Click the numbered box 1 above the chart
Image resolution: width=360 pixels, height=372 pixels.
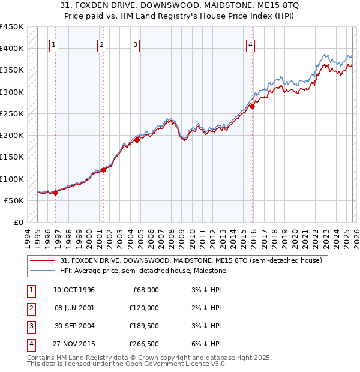pyautogui.click(x=54, y=44)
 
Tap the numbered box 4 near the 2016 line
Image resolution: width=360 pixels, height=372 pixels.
pyautogui.click(x=250, y=44)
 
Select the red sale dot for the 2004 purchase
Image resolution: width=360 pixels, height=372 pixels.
pyautogui.click(x=137, y=140)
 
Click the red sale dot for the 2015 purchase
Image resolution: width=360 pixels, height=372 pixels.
pyautogui.click(x=252, y=106)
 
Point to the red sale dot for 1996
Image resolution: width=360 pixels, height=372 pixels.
pyautogui.click(x=56, y=193)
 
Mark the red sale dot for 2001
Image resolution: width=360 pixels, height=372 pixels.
pyautogui.click(x=103, y=170)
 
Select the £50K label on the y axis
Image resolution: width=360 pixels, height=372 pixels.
pyautogui.click(x=14, y=200)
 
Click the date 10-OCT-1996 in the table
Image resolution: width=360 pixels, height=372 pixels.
pyautogui.click(x=74, y=290)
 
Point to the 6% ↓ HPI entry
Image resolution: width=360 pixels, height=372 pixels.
pyautogui.click(x=205, y=344)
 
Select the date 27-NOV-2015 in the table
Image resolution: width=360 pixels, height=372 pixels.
pyautogui.click(x=74, y=344)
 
